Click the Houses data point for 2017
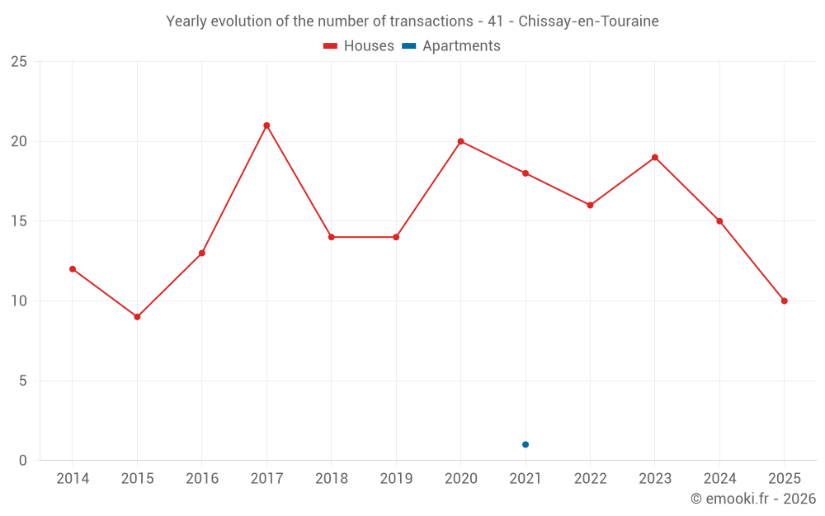(x=266, y=125)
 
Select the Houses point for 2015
(x=137, y=317)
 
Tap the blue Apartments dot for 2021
(x=526, y=445)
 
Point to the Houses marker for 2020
(x=460, y=141)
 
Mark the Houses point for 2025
(x=785, y=301)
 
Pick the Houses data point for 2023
(x=655, y=157)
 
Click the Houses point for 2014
(x=73, y=269)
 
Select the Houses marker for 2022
(x=590, y=205)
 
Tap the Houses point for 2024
(x=719, y=221)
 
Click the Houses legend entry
(x=359, y=46)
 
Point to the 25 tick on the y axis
(x=19, y=62)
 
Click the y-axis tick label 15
(x=19, y=221)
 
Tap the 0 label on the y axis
(x=23, y=461)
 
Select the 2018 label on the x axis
(x=331, y=479)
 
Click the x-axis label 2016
(x=202, y=479)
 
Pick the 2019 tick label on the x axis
(x=396, y=479)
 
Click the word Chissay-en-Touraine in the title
(x=588, y=21)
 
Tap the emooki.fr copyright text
(x=753, y=499)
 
